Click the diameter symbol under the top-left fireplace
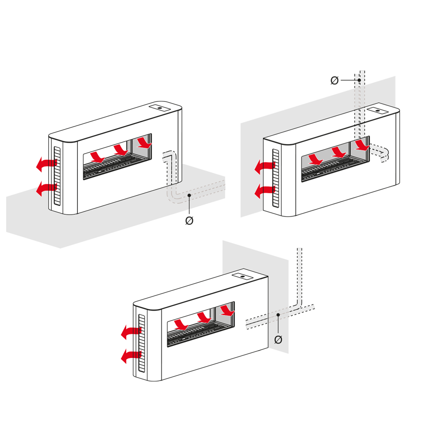tap(189, 221)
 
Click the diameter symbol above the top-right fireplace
tap(335, 80)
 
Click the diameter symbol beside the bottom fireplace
tap(278, 340)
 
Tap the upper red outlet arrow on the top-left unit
tap(46, 164)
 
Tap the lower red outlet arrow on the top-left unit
tap(46, 188)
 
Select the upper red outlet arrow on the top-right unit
tap(264, 167)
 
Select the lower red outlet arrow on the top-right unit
tap(264, 191)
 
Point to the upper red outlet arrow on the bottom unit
tap(131, 332)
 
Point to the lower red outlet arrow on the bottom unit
tap(131, 356)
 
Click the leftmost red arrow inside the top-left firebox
tap(97, 157)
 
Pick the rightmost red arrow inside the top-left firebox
tap(145, 142)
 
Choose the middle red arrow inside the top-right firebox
tap(339, 152)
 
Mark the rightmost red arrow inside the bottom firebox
tap(228, 311)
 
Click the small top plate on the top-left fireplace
tap(160, 107)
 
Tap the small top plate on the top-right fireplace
tap(378, 110)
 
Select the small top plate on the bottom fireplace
tap(242, 276)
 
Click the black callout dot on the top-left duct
tap(189, 195)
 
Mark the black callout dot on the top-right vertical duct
tap(359, 80)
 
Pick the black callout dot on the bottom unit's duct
tap(278, 315)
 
